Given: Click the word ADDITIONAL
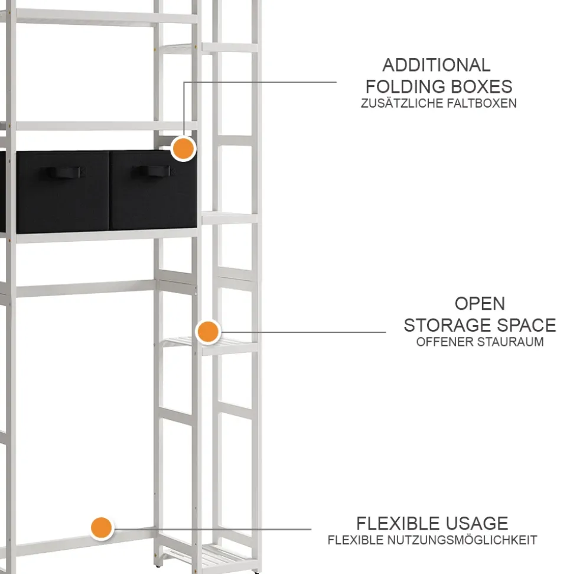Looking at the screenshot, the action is (x=436, y=65).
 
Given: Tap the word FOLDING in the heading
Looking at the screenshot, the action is (x=405, y=87).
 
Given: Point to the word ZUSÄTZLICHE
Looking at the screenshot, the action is (x=397, y=103).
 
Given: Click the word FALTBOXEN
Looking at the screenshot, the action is (x=477, y=103).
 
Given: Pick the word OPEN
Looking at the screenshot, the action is (x=480, y=303).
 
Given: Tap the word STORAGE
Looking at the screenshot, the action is (x=442, y=325).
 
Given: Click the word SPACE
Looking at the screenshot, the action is (x=520, y=325).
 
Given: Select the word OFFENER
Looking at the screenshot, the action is (x=440, y=342).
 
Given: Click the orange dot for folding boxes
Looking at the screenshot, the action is (x=183, y=148).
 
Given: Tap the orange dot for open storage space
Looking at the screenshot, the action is (x=208, y=332).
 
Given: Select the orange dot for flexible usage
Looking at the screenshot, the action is (x=102, y=528).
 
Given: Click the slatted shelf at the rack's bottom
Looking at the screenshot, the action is (x=210, y=558).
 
